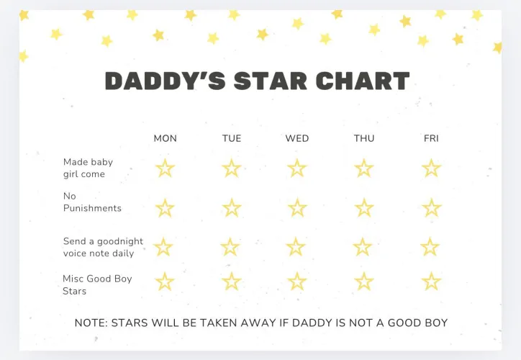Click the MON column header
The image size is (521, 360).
click(165, 138)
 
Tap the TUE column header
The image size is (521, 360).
click(232, 138)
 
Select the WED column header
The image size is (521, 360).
click(297, 138)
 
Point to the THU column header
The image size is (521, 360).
click(364, 138)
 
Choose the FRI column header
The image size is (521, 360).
click(431, 138)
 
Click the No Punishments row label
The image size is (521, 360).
click(92, 202)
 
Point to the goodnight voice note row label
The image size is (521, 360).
click(103, 247)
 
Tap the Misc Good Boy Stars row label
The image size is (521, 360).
click(97, 284)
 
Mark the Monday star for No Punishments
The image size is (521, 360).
click(165, 208)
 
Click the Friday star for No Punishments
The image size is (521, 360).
click(431, 208)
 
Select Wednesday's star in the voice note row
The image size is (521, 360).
click(296, 247)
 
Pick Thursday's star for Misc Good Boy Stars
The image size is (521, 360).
click(364, 282)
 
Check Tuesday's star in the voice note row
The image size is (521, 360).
click(230, 247)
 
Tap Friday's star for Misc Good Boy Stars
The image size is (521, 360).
click(431, 282)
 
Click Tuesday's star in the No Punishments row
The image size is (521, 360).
click(232, 208)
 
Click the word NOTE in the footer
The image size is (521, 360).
click(91, 323)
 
